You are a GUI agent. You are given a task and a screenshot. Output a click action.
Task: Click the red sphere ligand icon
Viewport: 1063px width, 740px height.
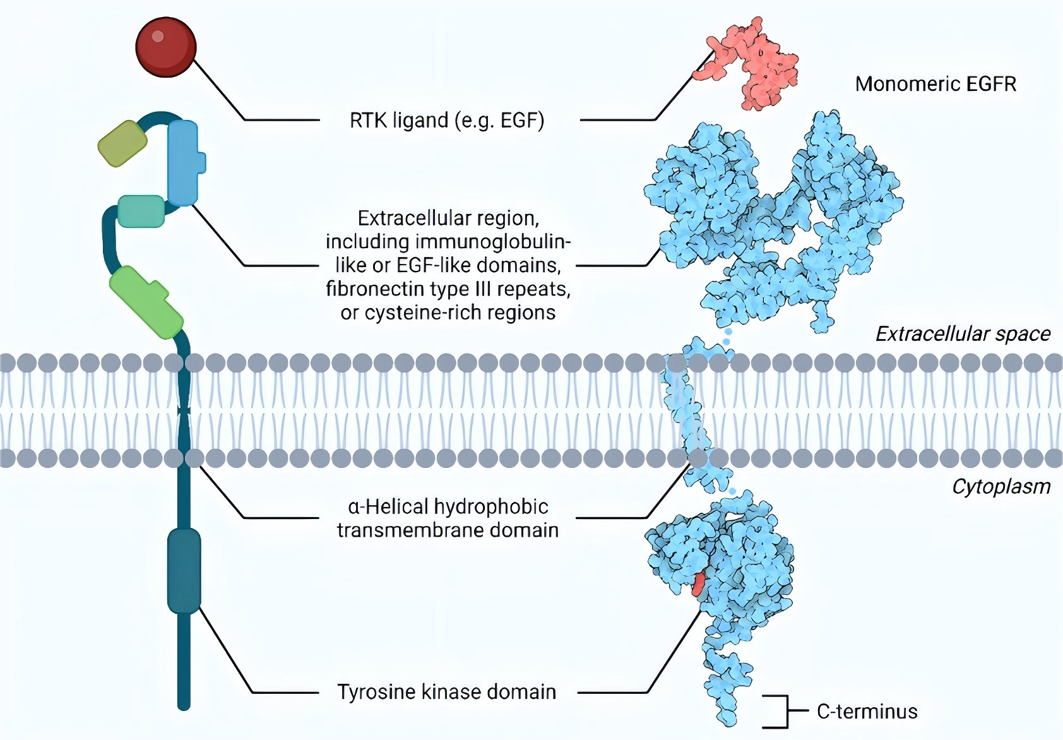[166, 47]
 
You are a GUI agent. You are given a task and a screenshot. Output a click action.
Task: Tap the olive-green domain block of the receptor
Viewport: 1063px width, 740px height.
[122, 143]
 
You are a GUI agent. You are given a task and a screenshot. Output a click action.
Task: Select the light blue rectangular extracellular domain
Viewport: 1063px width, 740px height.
[184, 163]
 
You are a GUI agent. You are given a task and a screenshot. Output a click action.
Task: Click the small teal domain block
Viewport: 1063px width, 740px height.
[141, 211]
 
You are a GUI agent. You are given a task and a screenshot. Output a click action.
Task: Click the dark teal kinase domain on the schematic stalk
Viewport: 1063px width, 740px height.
[184, 571]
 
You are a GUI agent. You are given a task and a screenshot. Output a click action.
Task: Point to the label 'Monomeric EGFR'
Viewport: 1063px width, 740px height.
[935, 84]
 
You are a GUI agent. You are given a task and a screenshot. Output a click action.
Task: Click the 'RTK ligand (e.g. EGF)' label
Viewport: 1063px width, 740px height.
[447, 120]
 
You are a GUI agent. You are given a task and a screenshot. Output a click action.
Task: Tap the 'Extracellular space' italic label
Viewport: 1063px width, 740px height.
[963, 334]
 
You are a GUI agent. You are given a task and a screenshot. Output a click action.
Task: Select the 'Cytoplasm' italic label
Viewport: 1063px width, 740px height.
[1001, 487]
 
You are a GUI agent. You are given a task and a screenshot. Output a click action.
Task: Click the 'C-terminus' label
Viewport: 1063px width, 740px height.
[867, 712]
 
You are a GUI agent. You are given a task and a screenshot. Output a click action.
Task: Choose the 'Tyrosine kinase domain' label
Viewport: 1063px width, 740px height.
[447, 692]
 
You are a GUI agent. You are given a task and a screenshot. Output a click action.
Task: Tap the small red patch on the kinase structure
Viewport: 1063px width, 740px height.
[698, 585]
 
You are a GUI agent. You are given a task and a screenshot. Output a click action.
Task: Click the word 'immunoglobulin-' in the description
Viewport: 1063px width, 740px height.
[493, 242]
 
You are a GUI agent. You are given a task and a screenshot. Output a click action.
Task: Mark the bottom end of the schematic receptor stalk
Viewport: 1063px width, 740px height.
[184, 705]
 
